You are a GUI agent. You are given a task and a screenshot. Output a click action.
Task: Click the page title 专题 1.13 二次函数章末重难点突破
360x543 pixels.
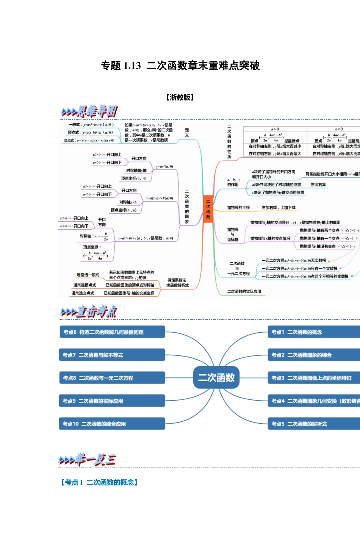pyautogui.click(x=180, y=66)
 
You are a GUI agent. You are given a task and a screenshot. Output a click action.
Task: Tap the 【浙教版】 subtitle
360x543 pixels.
pyautogui.click(x=180, y=97)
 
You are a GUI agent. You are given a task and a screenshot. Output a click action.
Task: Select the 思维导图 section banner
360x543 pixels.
pyautogui.click(x=89, y=111)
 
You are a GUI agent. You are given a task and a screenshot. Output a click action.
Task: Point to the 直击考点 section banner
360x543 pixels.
pyautogui.click(x=89, y=311)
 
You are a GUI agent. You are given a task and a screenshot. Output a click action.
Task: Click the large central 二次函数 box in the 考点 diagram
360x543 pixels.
pyautogui.click(x=216, y=377)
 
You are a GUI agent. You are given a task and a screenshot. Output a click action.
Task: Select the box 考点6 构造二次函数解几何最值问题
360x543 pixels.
pyautogui.click(x=112, y=332)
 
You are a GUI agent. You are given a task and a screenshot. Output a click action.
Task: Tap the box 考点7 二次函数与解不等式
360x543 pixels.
pyautogui.click(x=112, y=355)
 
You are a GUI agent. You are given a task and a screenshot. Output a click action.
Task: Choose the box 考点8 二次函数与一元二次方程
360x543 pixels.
pyautogui.click(x=112, y=378)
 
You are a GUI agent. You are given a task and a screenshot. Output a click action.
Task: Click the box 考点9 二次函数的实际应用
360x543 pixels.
pyautogui.click(x=112, y=401)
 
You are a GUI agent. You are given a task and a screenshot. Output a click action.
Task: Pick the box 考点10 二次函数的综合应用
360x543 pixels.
pyautogui.click(x=112, y=424)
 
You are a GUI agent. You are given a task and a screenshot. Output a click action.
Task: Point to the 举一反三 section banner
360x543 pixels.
pyautogui.click(x=87, y=460)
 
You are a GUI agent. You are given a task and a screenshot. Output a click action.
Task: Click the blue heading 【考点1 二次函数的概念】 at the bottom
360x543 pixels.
pyautogui.click(x=99, y=482)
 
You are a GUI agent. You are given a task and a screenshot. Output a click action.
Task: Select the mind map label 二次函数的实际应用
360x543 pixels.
pyautogui.click(x=244, y=291)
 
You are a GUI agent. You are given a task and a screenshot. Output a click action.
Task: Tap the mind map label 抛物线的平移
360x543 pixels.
pyautogui.click(x=238, y=208)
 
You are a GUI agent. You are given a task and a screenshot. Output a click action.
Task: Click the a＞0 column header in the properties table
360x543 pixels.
pyautogui.click(x=275, y=129)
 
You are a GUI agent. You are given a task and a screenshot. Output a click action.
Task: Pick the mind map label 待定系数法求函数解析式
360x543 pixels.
pyautogui.click(x=177, y=283)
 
